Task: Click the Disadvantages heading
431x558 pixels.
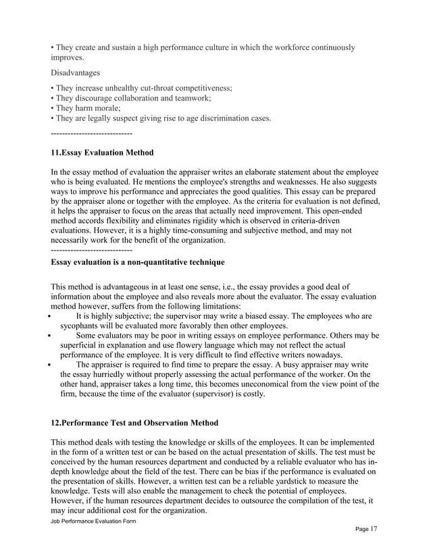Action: pos(74,72)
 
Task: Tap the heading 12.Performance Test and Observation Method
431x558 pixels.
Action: pos(134,423)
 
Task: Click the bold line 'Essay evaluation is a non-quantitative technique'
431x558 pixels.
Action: pos(138,261)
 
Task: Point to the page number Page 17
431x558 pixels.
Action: pos(366,528)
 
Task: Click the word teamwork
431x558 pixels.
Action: pos(193,98)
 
